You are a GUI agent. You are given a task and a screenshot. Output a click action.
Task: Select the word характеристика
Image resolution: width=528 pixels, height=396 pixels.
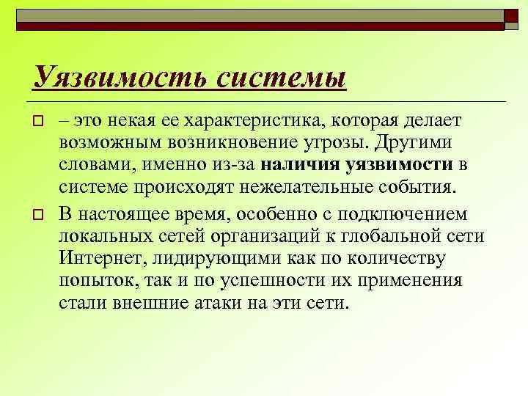(254, 120)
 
